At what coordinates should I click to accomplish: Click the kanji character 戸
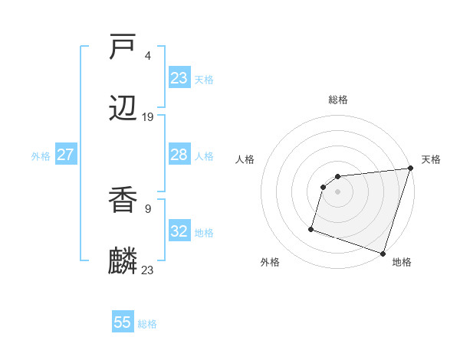[123, 47]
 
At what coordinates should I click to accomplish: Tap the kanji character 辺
[123, 109]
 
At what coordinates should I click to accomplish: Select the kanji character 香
[123, 201]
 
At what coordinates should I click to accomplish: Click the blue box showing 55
[123, 322]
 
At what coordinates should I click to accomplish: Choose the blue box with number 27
[66, 155]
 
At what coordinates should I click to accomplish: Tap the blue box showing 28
[179, 155]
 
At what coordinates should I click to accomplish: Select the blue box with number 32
[179, 231]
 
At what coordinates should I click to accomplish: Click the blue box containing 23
[179, 78]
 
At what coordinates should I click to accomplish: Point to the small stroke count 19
[148, 117]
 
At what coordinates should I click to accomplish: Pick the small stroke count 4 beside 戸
[148, 56]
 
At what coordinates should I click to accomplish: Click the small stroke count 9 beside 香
[148, 208]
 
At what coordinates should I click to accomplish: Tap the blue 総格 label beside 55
[147, 324]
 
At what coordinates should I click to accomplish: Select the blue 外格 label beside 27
[41, 156]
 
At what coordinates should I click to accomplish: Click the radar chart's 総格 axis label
[338, 100]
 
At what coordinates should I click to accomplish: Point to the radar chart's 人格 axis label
[245, 159]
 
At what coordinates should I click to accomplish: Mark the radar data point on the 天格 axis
[410, 169]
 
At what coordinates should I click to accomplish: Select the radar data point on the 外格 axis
[311, 228]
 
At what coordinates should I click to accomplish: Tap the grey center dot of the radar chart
[338, 191]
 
